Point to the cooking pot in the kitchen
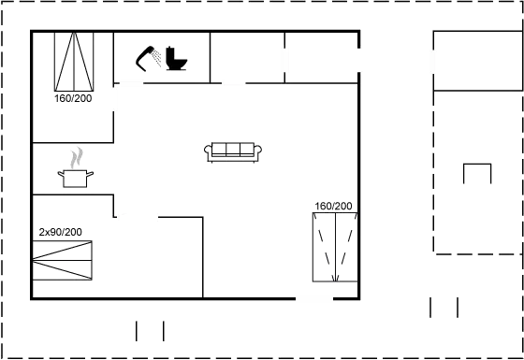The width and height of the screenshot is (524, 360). tap(77, 177)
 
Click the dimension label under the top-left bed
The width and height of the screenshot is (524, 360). tap(73, 97)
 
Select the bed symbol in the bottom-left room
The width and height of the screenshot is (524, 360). tap(65, 260)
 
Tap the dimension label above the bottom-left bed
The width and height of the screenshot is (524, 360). tap(61, 231)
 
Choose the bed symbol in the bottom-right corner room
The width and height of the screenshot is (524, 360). tap(333, 247)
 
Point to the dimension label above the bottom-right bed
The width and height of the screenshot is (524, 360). tap(333, 207)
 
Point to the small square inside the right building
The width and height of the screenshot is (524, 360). tap(478, 174)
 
